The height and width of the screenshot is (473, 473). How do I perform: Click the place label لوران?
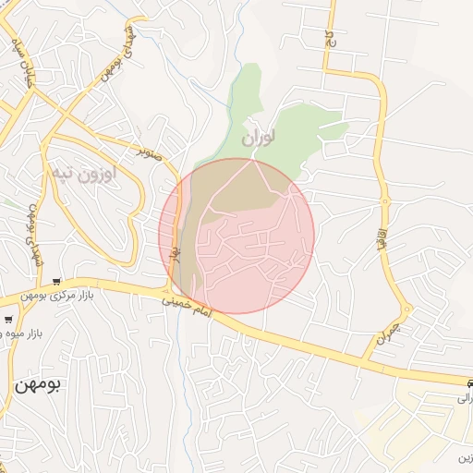[260, 139]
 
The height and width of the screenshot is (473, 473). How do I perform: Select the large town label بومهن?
[36, 384]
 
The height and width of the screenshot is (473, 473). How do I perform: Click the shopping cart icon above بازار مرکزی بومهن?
[57, 282]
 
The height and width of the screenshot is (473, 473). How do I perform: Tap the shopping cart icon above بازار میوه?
[7, 320]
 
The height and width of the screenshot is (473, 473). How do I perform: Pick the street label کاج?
[327, 38]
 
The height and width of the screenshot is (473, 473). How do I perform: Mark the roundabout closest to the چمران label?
[406, 309]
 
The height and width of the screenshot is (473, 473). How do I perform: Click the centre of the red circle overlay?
[236, 236]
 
